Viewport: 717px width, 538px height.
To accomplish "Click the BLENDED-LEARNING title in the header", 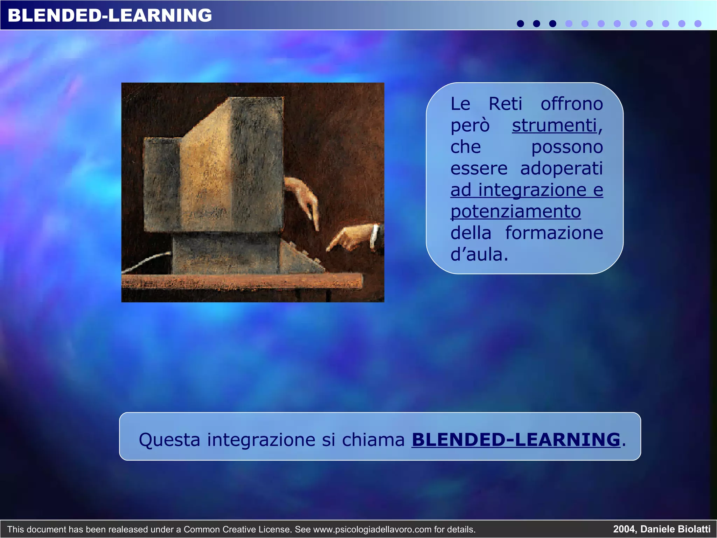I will coord(110,15).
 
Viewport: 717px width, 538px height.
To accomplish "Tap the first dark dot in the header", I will coord(520,23).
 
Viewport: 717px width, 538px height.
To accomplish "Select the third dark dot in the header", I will coord(552,23).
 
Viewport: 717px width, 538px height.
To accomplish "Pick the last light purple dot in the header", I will coord(698,23).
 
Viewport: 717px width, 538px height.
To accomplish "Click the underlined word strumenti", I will coord(555,125).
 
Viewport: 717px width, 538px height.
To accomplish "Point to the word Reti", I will coord(505,104).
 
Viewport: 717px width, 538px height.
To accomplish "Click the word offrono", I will coord(572,104).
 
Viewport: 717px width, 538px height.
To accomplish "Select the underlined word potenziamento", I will coord(516,212).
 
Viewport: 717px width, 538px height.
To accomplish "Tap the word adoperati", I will coord(562,168).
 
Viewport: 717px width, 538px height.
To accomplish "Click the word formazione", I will coord(554,233).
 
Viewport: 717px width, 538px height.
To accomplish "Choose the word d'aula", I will coord(479,255).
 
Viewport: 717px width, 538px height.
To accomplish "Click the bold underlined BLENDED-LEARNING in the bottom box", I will coord(516,440).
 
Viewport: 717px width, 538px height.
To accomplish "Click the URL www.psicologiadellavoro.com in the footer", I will coord(373,529).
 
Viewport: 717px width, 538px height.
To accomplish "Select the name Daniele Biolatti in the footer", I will coord(675,529).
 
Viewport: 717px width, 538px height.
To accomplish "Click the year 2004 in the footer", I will coord(624,529).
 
